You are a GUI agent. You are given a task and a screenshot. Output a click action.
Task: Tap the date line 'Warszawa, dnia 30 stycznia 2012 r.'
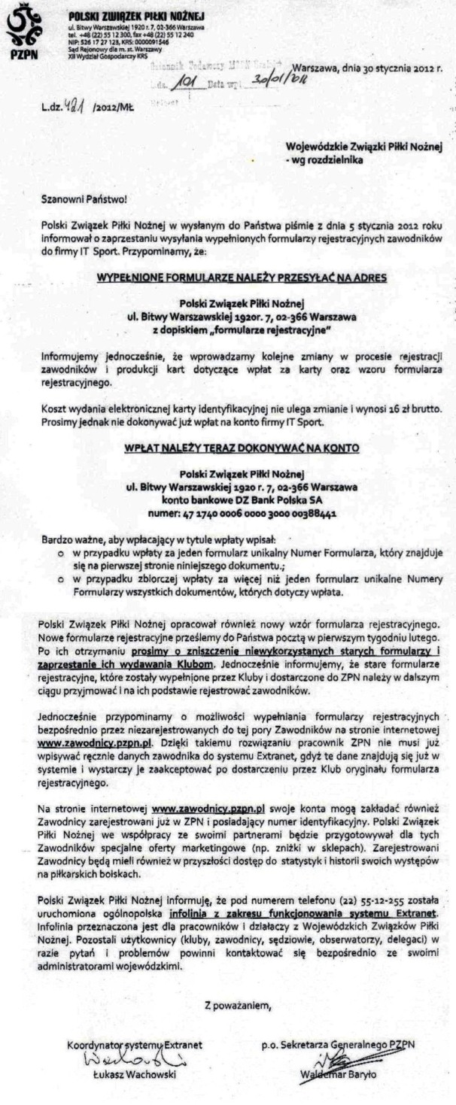point(366,67)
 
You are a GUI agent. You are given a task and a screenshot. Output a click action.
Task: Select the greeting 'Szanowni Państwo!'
point(79,200)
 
